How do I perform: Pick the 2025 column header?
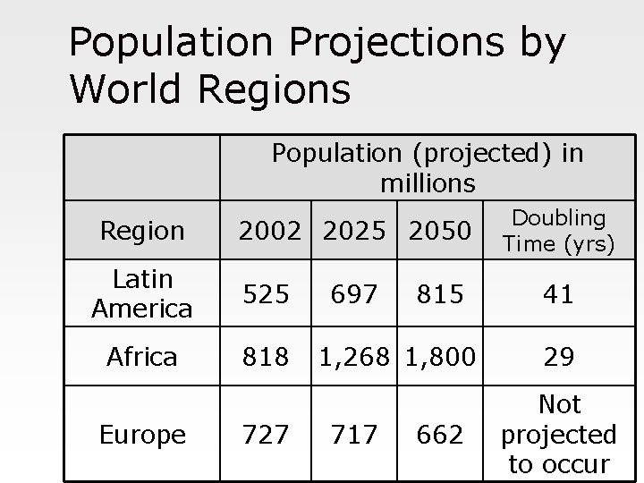coord(351,231)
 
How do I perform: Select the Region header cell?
coord(142,232)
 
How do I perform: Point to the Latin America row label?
coord(141,294)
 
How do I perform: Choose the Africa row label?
coord(142,358)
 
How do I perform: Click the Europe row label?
coord(142,435)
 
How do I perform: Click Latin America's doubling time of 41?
coord(559,294)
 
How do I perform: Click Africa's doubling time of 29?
coord(559,358)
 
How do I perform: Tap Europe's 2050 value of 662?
coord(438,435)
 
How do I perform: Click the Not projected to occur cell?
coord(559,435)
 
